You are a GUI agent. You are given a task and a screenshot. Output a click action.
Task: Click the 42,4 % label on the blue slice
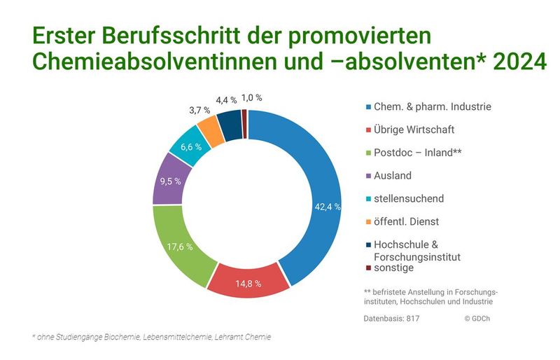point(327,207)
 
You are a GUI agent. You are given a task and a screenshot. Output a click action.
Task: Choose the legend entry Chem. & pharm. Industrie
point(428,106)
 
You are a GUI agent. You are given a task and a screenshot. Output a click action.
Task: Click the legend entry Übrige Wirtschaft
point(414,130)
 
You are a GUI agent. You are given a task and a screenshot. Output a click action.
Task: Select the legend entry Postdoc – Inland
point(417,153)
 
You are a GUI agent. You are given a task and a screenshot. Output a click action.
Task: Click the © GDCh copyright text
point(477,318)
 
